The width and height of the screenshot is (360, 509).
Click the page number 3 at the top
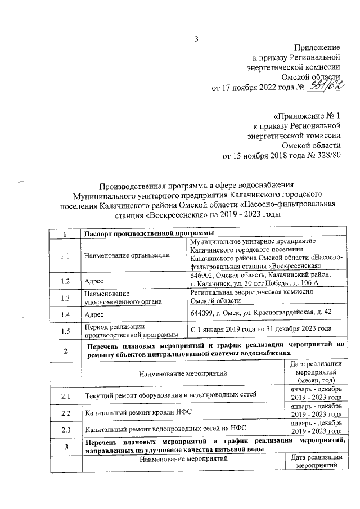(x=196, y=39)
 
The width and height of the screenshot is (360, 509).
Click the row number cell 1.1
(x=66, y=256)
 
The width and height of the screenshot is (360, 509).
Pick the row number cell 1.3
(x=66, y=298)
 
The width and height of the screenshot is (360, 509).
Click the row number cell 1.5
(x=66, y=331)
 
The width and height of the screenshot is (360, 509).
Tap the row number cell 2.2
(x=66, y=413)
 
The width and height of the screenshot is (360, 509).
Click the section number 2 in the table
(x=66, y=352)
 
